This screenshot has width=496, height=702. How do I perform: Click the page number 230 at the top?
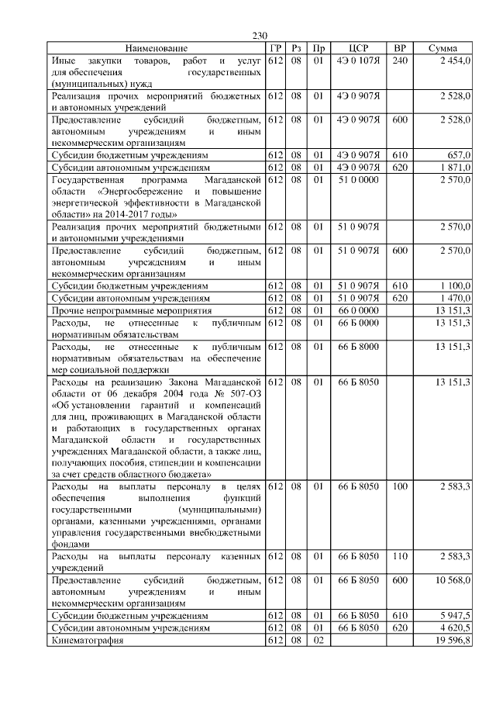click(x=260, y=36)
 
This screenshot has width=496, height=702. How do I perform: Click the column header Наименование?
click(x=156, y=48)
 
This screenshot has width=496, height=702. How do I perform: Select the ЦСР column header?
click(x=357, y=48)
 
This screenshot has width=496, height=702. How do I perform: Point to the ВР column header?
click(x=400, y=48)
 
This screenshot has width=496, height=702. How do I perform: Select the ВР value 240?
click(x=400, y=60)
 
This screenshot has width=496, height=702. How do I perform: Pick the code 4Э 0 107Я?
click(x=357, y=60)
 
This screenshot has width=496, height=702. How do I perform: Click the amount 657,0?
click(x=458, y=155)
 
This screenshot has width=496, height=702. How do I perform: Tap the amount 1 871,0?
click(x=454, y=167)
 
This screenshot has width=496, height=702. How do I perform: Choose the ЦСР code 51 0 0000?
click(x=357, y=179)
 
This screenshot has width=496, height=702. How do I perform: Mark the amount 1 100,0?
click(x=454, y=286)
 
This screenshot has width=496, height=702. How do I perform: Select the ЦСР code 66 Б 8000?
click(x=357, y=346)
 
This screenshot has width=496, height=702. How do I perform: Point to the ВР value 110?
click(x=400, y=556)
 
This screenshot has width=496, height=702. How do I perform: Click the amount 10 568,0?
click(x=453, y=580)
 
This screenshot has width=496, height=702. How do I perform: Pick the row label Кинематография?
click(x=87, y=640)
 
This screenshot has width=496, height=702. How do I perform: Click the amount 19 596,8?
click(x=453, y=640)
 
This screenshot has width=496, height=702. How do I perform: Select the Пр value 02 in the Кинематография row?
click(x=318, y=640)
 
